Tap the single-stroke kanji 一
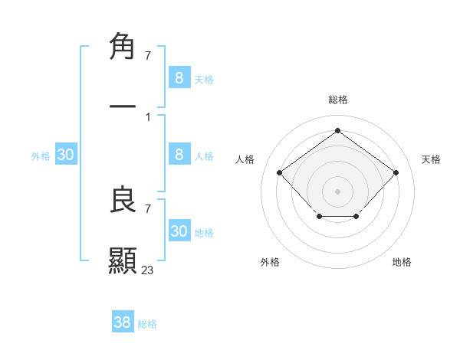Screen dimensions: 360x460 click(123, 105)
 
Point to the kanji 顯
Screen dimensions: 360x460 click(123, 260)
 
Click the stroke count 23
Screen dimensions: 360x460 click(148, 270)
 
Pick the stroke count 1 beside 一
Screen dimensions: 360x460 click(147, 116)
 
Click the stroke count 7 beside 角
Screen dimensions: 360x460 click(147, 55)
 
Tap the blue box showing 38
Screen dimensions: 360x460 click(123, 322)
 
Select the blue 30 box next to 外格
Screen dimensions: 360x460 click(66, 155)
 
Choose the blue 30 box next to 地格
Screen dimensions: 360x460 click(179, 231)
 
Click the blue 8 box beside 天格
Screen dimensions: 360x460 click(179, 77)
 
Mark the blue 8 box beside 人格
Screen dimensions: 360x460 click(179, 155)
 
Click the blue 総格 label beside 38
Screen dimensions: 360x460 click(147, 324)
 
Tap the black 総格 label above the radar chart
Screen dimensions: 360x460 click(337, 100)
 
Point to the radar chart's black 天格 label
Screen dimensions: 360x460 click(431, 159)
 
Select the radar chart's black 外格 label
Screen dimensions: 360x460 click(270, 262)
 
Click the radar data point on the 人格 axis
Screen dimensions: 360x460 click(279, 172)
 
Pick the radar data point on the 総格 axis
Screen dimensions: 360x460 click(337, 131)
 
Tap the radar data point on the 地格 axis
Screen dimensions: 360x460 click(356, 218)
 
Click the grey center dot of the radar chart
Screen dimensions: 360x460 click(337, 191)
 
